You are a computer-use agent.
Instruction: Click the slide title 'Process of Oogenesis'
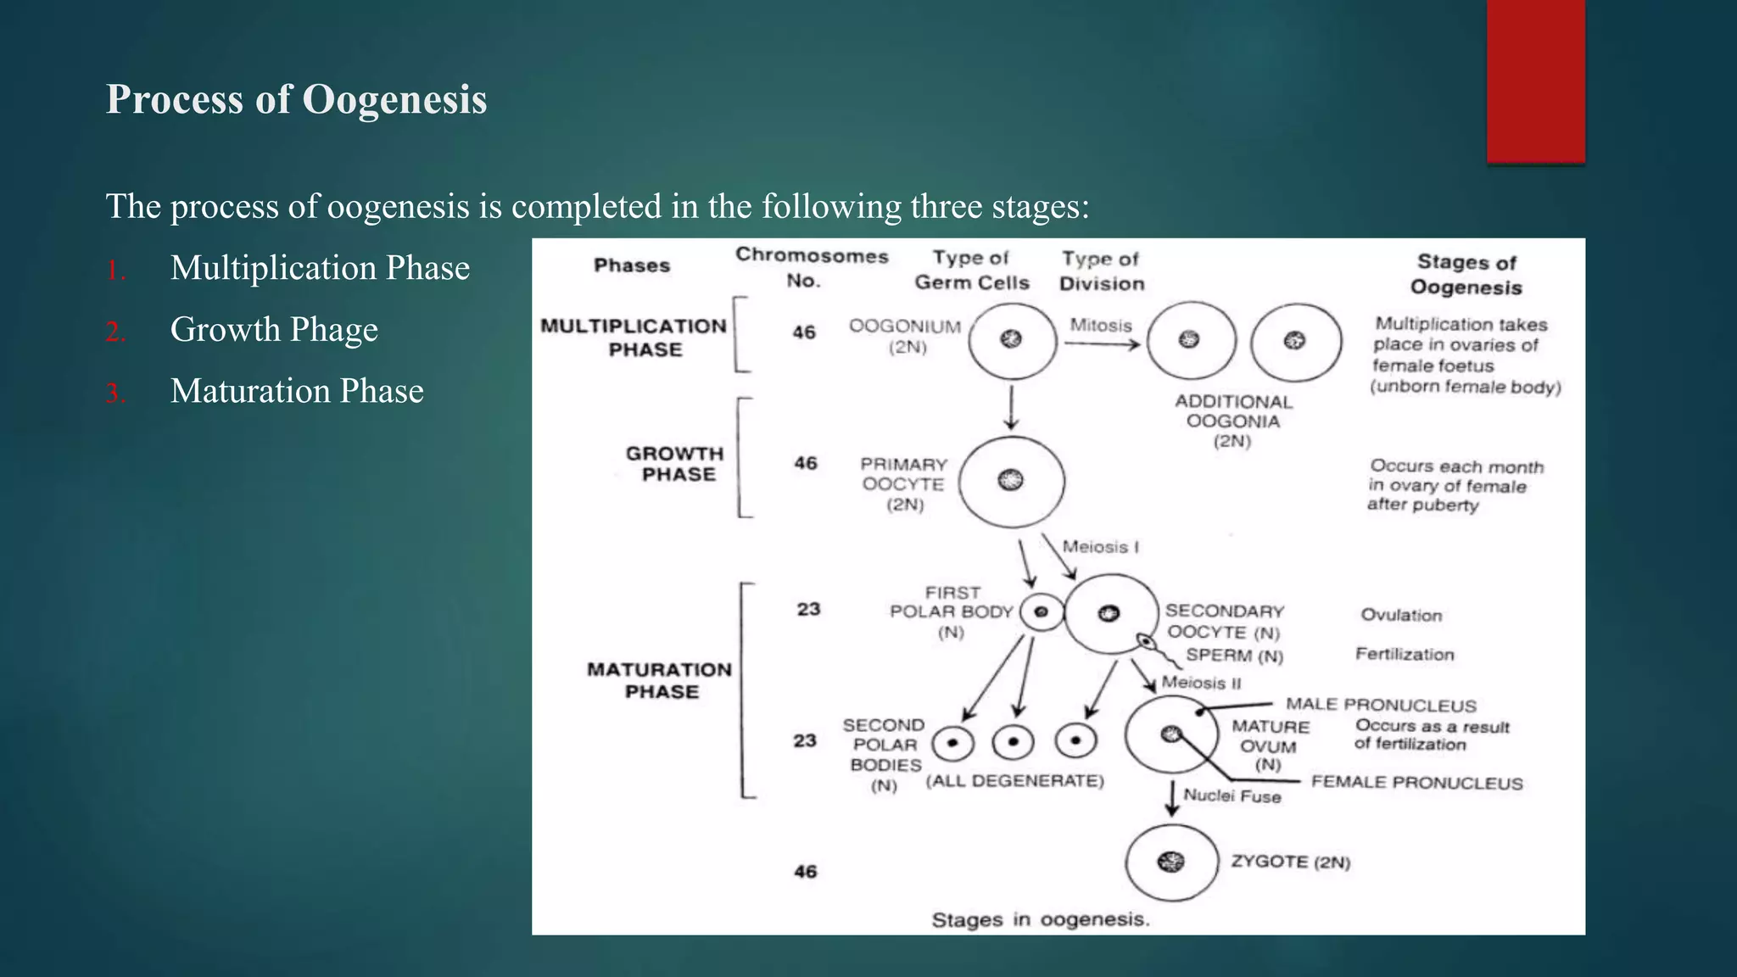coord(296,99)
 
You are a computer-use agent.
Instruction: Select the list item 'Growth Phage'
coord(274,329)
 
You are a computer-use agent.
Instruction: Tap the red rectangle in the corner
coord(1535,81)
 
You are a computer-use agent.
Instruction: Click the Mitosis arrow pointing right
coord(1102,344)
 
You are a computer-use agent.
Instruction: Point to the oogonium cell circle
coord(1012,340)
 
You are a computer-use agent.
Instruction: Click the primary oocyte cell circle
coord(1011,481)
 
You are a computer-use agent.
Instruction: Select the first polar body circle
coord(1041,612)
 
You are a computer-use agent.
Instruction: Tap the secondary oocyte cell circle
coord(1110,614)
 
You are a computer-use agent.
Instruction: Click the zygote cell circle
coord(1171,863)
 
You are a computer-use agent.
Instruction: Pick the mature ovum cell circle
coord(1171,734)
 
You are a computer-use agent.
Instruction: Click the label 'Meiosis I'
coord(1100,547)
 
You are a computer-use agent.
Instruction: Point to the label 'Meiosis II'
coord(1201,683)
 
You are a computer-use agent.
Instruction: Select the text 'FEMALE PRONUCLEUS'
coord(1416,783)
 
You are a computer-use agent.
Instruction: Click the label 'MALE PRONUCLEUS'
coord(1381,706)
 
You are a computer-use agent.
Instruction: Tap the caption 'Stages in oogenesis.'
coord(1041,920)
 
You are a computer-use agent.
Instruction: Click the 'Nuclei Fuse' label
coord(1232,796)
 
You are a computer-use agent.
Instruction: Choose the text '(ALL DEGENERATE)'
coord(1014,781)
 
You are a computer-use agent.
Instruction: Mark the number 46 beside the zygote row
coord(805,872)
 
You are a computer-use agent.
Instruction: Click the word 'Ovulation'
coord(1401,616)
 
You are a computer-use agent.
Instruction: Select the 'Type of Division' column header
coord(1102,271)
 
